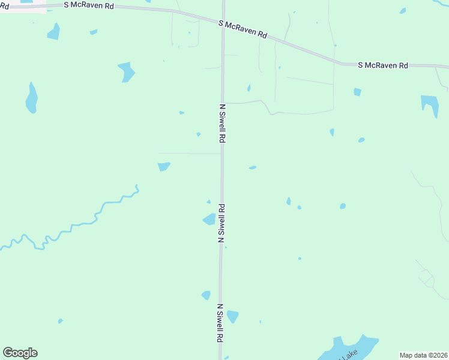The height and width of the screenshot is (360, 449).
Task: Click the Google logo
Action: pos(20,353)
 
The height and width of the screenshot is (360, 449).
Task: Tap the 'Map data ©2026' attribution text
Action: pos(423,355)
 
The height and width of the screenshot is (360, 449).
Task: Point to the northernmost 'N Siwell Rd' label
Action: pos(222,123)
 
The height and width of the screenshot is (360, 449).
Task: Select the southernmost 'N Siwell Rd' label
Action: pos(220,323)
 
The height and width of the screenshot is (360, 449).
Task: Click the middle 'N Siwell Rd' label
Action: pos(221,223)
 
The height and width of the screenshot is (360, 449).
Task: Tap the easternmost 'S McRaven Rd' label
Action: pos(383,65)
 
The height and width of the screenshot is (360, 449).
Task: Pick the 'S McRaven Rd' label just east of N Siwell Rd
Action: pos(243,29)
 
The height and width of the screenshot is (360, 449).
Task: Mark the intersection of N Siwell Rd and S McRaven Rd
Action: pos(223,22)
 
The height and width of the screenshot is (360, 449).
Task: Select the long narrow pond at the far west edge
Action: pos(31,98)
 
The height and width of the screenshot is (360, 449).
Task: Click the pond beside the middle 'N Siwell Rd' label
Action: pos(209,219)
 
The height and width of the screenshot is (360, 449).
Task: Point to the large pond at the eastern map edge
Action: pos(430,103)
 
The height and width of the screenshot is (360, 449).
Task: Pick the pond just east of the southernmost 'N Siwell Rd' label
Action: pos(232,316)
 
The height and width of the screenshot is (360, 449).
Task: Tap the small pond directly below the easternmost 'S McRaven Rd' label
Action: pos(358,92)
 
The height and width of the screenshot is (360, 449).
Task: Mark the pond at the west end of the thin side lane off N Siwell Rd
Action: pos(164,166)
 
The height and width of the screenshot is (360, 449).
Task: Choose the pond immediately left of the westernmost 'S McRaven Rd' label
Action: pos(53,31)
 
